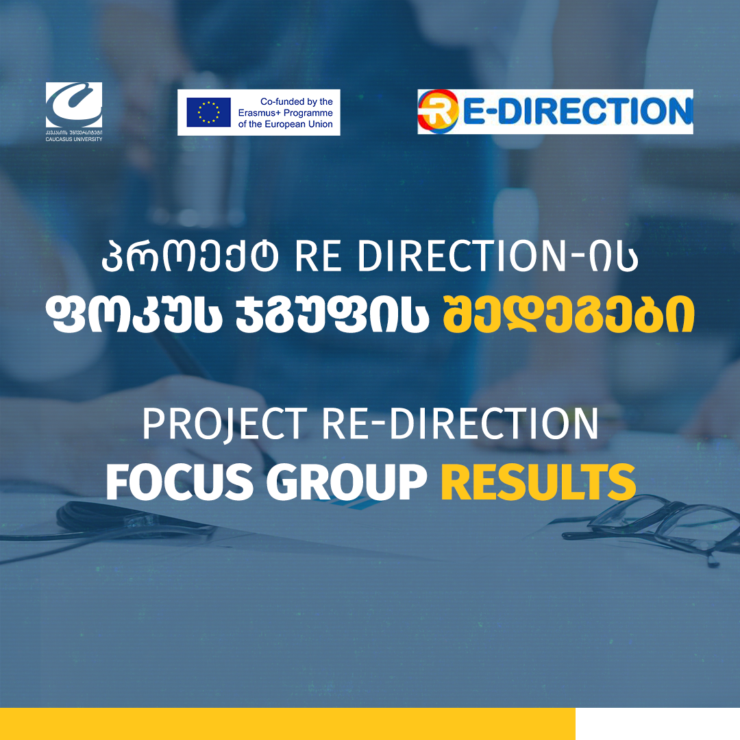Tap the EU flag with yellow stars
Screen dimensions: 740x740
coord(208,112)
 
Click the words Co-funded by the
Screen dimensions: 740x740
coord(296,101)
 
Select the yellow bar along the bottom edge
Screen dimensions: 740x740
coord(287,724)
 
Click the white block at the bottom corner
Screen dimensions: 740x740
coord(657,724)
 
